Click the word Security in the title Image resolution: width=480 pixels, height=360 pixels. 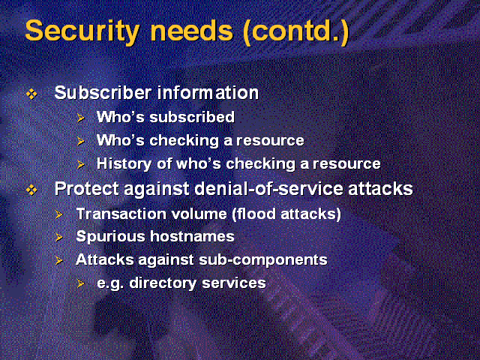click(x=82, y=31)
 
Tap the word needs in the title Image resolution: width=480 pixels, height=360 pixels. click(x=192, y=30)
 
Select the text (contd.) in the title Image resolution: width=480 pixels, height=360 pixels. click(x=296, y=31)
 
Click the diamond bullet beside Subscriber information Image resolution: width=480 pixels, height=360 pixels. click(x=31, y=94)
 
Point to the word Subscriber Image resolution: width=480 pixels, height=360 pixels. click(x=103, y=92)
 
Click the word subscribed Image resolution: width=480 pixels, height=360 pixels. click(x=192, y=117)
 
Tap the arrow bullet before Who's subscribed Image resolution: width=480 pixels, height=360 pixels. click(x=80, y=118)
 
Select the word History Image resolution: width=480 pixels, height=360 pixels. click(x=124, y=164)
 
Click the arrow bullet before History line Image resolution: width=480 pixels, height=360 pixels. click(x=80, y=165)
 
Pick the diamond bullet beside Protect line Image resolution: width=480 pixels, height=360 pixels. click(x=31, y=190)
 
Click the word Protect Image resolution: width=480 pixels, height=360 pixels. click(x=87, y=188)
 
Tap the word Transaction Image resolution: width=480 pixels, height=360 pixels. click(x=121, y=214)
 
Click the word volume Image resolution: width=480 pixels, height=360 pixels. click(x=199, y=214)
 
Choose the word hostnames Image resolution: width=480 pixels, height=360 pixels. click(x=192, y=236)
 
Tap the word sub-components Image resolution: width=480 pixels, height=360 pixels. click(x=263, y=260)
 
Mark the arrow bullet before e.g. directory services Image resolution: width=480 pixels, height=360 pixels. click(x=80, y=283)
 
